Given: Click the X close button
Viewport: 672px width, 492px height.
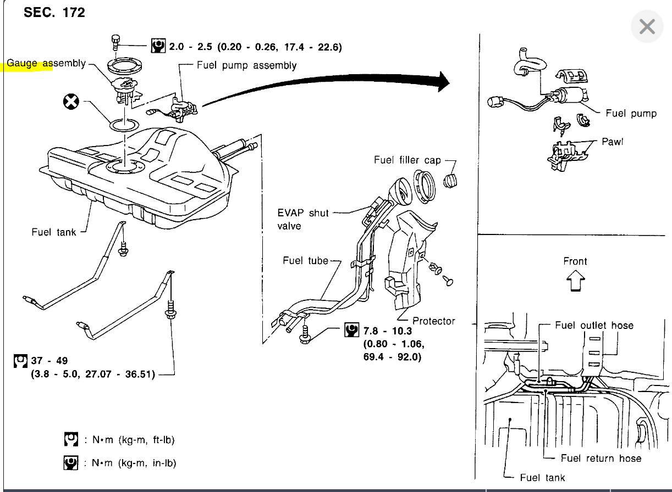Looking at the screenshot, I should [647, 26].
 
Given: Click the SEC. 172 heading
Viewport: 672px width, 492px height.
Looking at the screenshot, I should [54, 13].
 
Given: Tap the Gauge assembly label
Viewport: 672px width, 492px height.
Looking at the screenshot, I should [46, 64].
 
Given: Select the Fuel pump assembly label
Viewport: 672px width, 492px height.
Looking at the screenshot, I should [247, 65].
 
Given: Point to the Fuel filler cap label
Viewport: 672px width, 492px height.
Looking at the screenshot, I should [407, 160].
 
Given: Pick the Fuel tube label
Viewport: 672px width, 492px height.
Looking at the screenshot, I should [305, 260].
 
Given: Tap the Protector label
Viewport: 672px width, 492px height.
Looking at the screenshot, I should [434, 321].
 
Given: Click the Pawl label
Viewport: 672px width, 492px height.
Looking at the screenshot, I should [612, 142].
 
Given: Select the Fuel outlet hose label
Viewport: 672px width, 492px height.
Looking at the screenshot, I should [594, 325].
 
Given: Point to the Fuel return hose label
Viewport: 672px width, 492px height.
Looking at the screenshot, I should [601, 458].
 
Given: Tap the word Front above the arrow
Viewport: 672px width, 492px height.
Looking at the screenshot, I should [575, 261].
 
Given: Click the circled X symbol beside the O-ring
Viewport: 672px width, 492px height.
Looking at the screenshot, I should [71, 102].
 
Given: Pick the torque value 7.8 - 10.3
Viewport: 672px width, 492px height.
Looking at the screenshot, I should [387, 331].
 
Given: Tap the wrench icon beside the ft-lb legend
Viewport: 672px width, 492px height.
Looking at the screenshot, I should [71, 440].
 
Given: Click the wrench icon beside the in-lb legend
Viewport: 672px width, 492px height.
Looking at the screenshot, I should [71, 463].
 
